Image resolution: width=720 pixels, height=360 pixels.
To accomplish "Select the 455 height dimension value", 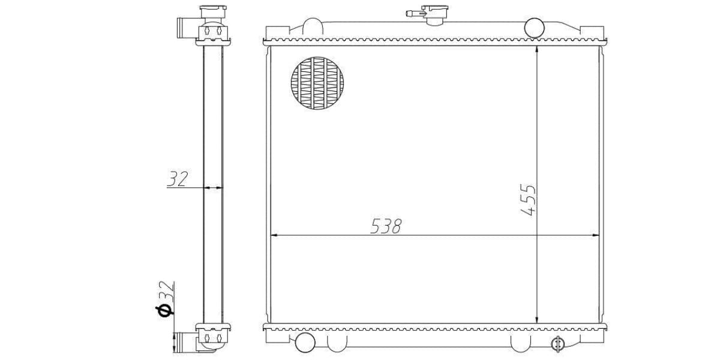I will click(529, 200).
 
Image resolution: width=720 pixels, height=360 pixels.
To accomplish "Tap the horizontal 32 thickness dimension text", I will click(178, 179).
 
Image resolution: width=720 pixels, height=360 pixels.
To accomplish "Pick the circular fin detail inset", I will click(319, 83).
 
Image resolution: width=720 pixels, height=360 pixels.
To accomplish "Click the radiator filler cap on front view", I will click(434, 13).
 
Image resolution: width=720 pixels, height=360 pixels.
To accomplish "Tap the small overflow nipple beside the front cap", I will click(412, 12).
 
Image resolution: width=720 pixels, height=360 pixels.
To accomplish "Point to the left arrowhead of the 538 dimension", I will click(275, 235).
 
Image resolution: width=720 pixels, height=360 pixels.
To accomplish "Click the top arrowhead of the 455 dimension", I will click(536, 49).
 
